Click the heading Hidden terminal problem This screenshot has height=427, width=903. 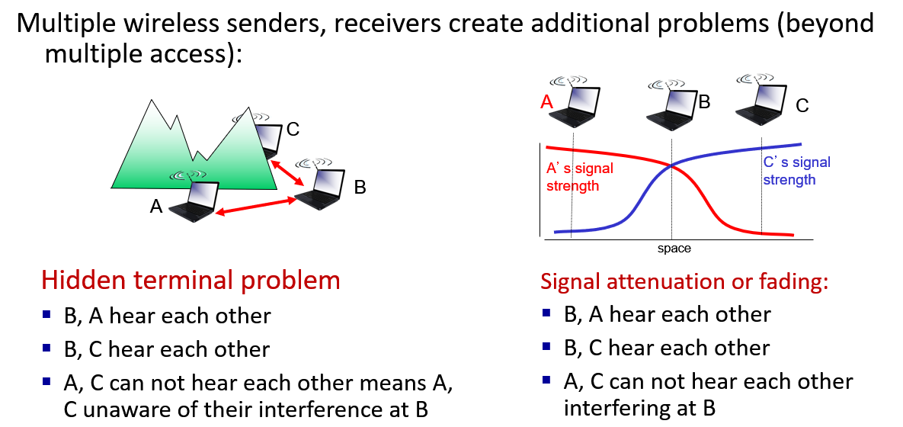click(x=191, y=280)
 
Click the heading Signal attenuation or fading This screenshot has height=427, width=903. click(x=684, y=281)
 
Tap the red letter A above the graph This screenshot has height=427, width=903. click(x=546, y=101)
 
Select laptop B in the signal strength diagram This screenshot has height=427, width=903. click(x=671, y=102)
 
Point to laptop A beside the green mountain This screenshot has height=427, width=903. click(x=191, y=200)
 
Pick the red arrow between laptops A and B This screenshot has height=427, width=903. click(x=255, y=206)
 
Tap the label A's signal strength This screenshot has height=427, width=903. click(x=578, y=177)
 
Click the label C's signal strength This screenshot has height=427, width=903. click(x=796, y=171)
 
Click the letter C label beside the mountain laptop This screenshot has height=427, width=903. click(x=293, y=129)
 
